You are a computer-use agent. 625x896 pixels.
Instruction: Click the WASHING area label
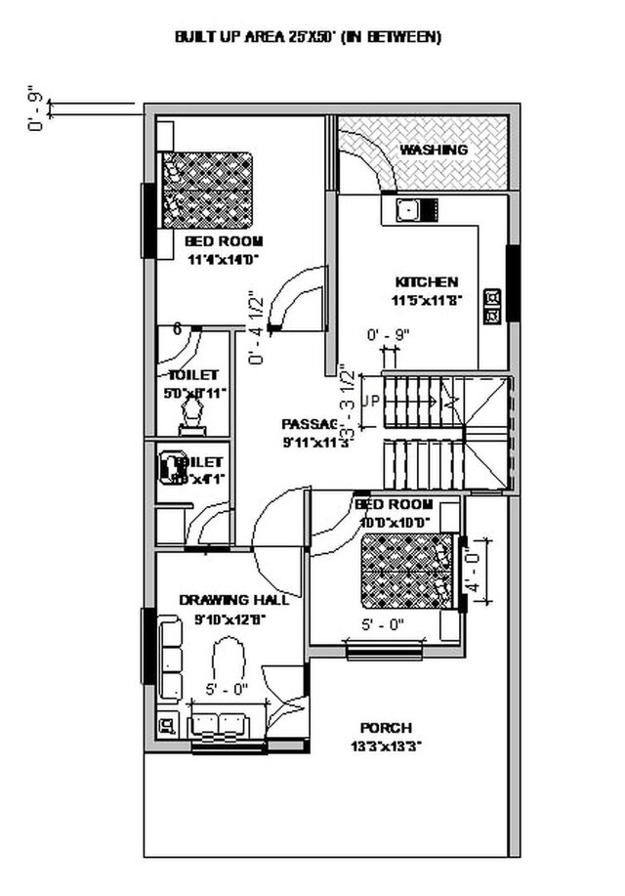434,149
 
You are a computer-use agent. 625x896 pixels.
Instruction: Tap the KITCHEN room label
426,281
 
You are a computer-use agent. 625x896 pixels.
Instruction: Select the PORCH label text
386,728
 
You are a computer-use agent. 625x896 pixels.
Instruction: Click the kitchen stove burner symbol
493,304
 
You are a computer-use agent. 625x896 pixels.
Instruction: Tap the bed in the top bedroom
207,190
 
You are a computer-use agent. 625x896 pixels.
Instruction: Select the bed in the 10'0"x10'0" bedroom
408,571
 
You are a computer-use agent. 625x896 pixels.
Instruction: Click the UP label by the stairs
370,401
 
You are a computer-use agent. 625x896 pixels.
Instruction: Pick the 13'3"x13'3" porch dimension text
386,746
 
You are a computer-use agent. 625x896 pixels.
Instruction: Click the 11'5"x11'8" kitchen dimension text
426,300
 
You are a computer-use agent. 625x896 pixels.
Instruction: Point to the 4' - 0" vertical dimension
473,575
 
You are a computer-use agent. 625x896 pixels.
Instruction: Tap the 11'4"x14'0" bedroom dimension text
224,259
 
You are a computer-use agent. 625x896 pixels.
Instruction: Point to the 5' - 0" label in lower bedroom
383,624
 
